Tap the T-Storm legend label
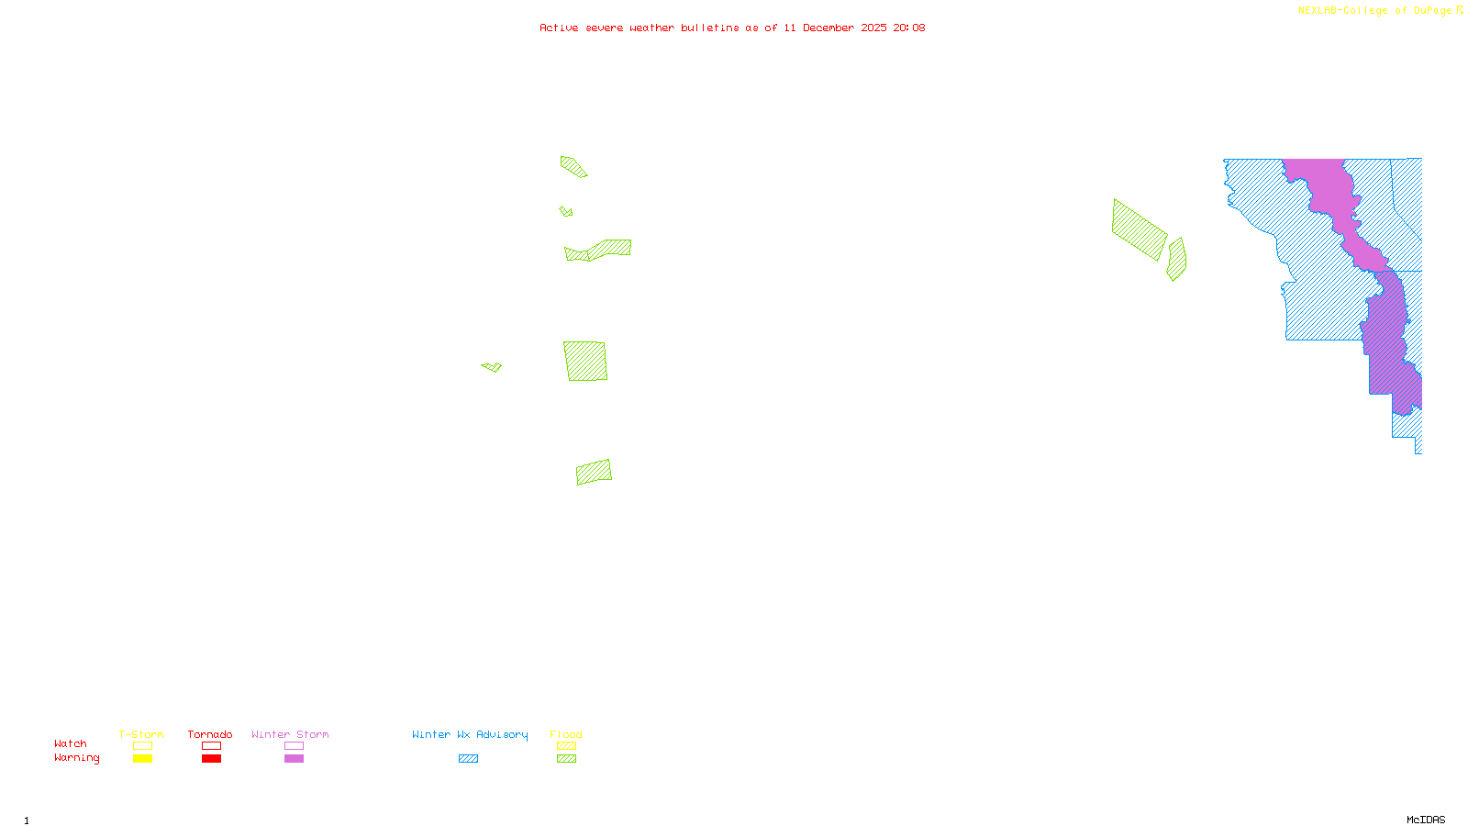click(x=141, y=734)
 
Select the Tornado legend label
click(x=210, y=734)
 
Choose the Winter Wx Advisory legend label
click(x=470, y=734)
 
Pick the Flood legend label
click(x=566, y=734)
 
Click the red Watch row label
click(x=71, y=743)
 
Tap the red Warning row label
click(x=77, y=758)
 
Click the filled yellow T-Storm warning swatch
click(x=142, y=759)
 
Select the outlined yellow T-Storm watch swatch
click(x=142, y=746)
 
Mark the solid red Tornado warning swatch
click(x=211, y=759)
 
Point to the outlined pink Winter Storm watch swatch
click(x=294, y=746)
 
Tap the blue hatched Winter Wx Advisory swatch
click(x=468, y=759)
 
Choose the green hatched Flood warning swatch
click(x=566, y=759)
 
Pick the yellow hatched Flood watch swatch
click(x=566, y=746)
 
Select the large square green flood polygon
click(x=585, y=361)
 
